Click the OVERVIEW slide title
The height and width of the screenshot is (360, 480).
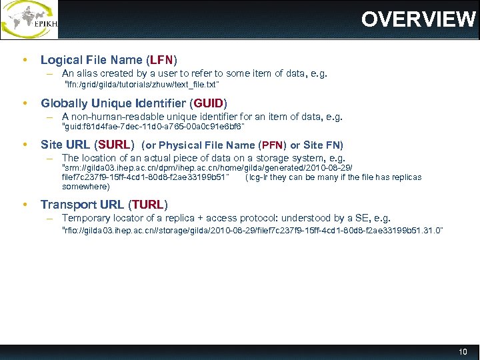[418, 19]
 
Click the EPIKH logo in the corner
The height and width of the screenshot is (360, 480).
[30, 20]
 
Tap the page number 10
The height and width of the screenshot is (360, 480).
[463, 351]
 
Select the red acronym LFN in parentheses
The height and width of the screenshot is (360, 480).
[161, 60]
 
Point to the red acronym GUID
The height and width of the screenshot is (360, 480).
[209, 103]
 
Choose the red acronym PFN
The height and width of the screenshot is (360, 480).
[274, 145]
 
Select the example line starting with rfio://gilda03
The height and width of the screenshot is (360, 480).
[252, 230]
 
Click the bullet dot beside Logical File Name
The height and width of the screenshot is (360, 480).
[25, 60]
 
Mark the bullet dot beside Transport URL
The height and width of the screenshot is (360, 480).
[25, 204]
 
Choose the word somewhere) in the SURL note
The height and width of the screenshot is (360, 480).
[85, 187]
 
